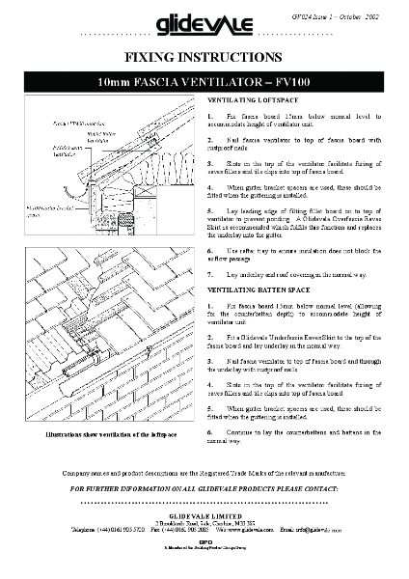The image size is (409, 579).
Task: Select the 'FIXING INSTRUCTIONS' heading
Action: point(204,58)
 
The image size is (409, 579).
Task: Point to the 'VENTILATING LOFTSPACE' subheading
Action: point(253,100)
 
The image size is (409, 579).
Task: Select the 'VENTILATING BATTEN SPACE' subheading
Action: point(259,289)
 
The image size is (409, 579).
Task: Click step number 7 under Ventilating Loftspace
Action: point(211,275)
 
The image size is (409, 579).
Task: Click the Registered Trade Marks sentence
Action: point(204,473)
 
